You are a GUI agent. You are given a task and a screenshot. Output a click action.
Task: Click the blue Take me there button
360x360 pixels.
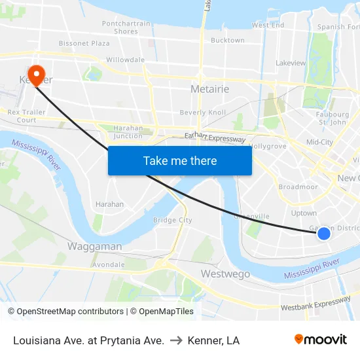(x=179, y=160)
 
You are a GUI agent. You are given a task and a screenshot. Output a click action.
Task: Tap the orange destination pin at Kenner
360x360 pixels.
(x=36, y=75)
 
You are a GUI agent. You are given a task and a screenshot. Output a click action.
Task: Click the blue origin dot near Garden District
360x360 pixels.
(x=323, y=233)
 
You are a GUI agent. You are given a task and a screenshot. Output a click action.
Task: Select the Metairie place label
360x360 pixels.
(x=209, y=89)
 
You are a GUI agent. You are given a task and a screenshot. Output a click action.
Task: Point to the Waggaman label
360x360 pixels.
(x=94, y=247)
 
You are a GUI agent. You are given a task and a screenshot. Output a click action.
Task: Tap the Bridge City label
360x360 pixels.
(x=172, y=221)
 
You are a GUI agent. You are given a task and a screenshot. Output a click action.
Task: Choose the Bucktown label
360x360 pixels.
(x=228, y=41)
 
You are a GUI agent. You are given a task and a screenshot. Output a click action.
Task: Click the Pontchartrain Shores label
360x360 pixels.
(x=126, y=27)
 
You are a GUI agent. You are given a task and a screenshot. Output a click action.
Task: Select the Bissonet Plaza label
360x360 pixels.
(x=84, y=43)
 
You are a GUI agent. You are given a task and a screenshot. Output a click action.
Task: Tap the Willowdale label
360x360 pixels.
(x=125, y=60)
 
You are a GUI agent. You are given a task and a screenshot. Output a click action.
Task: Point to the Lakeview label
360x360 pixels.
(x=291, y=63)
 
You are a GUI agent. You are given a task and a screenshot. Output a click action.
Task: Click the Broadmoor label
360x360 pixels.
(x=298, y=187)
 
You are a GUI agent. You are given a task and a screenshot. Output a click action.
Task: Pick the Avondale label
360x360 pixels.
(x=109, y=265)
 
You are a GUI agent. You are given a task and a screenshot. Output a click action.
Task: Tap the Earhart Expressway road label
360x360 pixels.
(x=215, y=138)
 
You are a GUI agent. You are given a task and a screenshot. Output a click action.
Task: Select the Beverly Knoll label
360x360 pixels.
(x=202, y=113)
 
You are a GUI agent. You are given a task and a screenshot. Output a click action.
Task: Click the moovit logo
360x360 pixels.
(x=320, y=340)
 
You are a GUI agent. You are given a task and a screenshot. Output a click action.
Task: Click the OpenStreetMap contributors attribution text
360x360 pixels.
(x=65, y=312)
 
